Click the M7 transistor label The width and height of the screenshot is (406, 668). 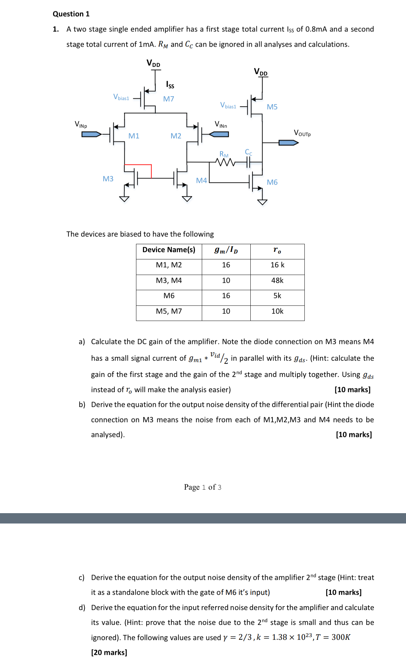click(168, 99)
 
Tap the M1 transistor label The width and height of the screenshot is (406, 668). click(134, 136)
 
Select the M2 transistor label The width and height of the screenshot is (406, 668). click(176, 136)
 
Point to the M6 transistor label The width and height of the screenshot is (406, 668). click(272, 182)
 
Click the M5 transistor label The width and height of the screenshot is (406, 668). click(272, 107)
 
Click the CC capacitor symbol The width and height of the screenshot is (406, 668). click(248, 162)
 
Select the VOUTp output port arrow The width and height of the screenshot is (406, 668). click(288, 142)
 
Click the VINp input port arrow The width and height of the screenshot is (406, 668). click(91, 134)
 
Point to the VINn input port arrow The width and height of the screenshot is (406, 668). click(219, 134)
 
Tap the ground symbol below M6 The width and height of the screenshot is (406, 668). click(262, 202)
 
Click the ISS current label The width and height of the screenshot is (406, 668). click(170, 84)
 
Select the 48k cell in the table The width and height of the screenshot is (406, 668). click(277, 280)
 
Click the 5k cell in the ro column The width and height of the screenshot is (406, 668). click(277, 296)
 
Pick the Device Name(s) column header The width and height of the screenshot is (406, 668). click(169, 250)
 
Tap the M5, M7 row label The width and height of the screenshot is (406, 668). click(169, 311)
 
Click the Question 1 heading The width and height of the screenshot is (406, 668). click(71, 14)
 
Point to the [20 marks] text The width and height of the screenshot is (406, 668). click(109, 652)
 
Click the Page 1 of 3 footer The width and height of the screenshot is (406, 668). click(202, 487)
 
